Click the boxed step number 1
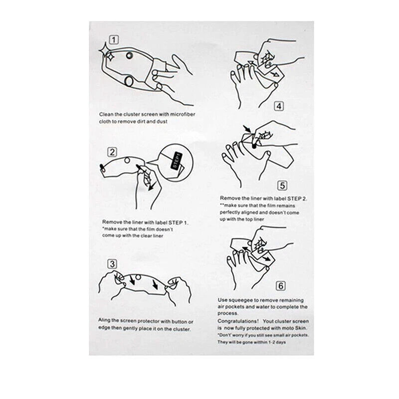(114, 40)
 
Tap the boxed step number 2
(112, 152)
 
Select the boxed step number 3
(112, 264)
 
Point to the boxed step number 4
(279, 106)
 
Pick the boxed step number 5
(282, 186)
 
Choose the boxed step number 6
(281, 286)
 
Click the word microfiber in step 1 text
(183, 114)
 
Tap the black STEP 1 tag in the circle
(177, 160)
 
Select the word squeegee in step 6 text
(240, 301)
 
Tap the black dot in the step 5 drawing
(254, 146)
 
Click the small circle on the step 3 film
(138, 277)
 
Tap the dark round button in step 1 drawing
(130, 55)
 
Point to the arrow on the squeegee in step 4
(274, 74)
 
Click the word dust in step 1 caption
(162, 121)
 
